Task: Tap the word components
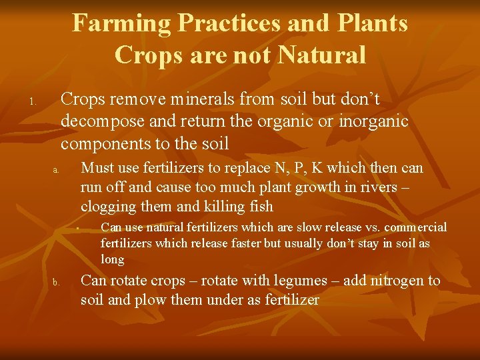(x=102, y=143)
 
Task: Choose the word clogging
(x=105, y=206)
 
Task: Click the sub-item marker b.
(x=57, y=283)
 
